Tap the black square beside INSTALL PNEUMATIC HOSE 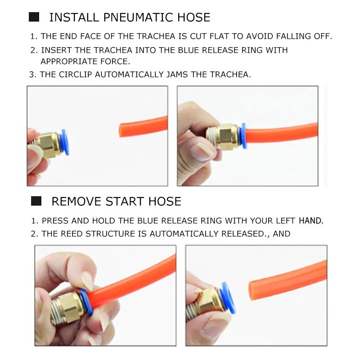[x=34, y=17]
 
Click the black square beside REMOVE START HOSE [x=36, y=201]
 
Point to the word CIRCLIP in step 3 [x=75, y=75]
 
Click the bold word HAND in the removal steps [x=311, y=220]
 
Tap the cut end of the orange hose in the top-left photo [x=121, y=130]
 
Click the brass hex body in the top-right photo [x=226, y=136]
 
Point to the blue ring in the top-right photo [x=243, y=135]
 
